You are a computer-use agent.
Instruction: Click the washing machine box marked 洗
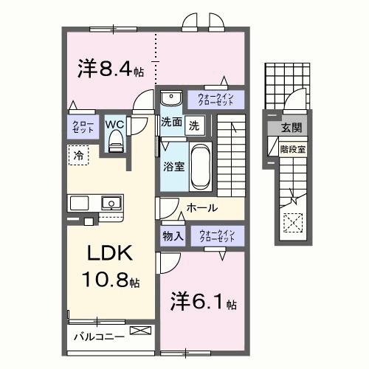193,125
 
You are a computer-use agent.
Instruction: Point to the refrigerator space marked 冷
77,155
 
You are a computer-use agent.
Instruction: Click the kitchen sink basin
111,201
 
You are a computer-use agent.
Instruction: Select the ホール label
201,208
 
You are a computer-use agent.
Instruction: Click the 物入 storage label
173,237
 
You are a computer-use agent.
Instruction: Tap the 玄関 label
291,128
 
